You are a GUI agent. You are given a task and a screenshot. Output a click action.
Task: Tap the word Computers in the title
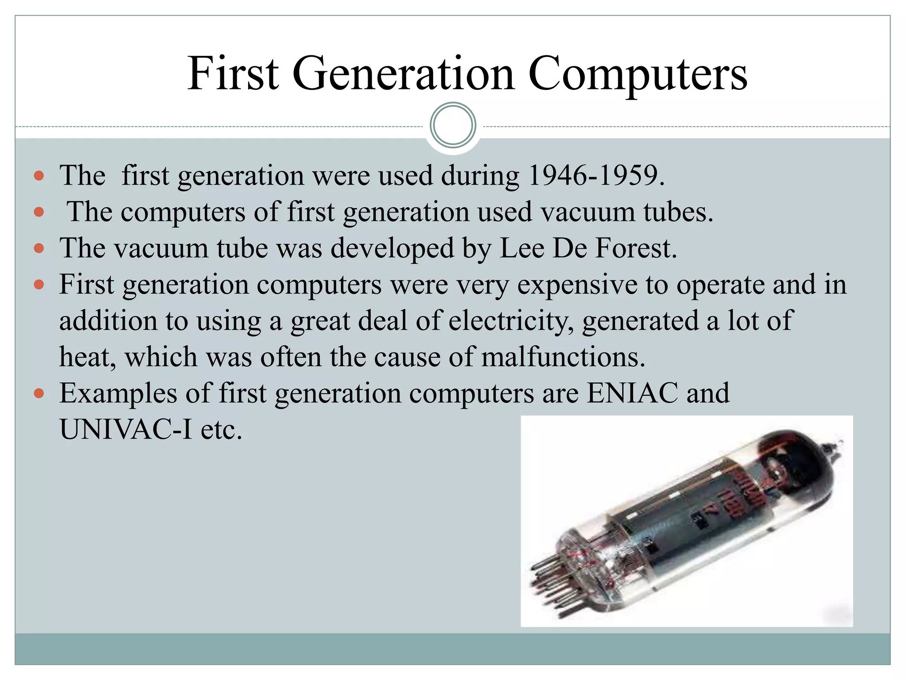(x=637, y=74)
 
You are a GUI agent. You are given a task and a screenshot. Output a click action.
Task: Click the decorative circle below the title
(x=453, y=125)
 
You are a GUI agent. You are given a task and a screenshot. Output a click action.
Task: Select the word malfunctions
(x=563, y=357)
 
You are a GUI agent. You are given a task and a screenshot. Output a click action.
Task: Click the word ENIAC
(x=632, y=393)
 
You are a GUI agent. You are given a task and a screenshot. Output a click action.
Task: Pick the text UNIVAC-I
(x=126, y=429)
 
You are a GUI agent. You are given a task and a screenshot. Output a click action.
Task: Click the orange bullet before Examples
(x=39, y=393)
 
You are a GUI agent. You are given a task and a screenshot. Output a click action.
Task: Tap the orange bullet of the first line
(x=39, y=176)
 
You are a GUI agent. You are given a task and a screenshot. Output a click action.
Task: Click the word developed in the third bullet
(x=392, y=248)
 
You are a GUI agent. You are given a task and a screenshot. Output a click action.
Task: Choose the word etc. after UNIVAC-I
(x=221, y=429)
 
